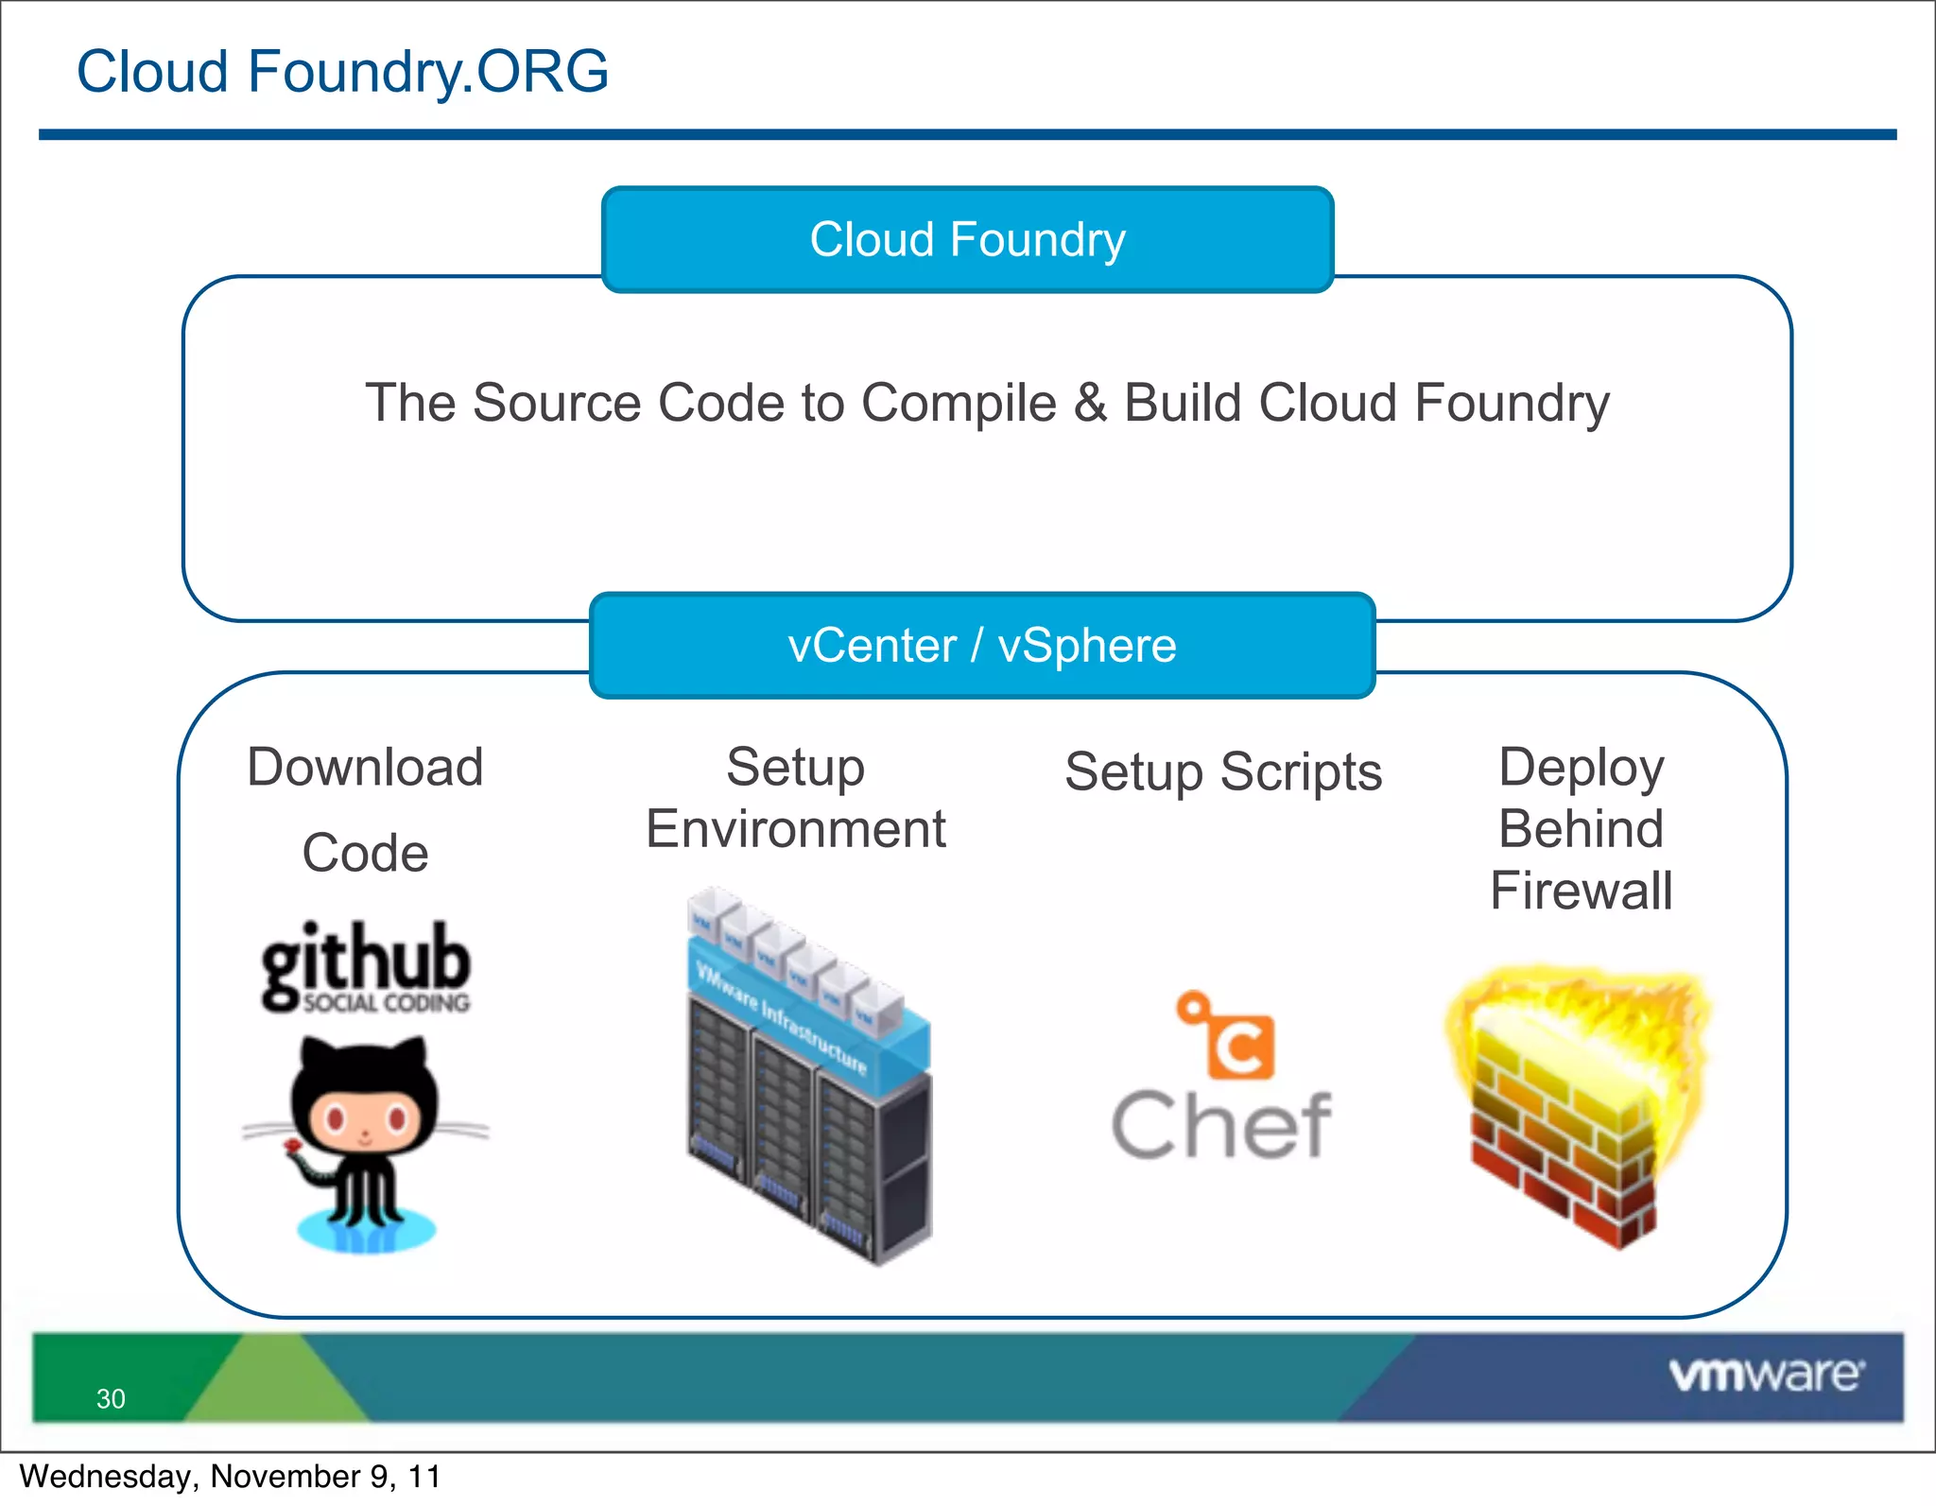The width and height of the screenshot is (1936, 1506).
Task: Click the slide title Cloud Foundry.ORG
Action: [x=342, y=72]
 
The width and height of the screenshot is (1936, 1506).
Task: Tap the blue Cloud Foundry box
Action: [x=967, y=239]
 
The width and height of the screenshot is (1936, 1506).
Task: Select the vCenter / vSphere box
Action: [x=982, y=646]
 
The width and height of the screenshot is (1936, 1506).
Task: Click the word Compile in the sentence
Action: [x=959, y=404]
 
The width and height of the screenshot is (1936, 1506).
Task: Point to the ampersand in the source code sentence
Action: [x=1090, y=404]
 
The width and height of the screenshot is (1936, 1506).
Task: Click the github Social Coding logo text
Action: [x=366, y=966]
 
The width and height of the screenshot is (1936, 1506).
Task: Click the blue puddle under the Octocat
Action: [x=366, y=1231]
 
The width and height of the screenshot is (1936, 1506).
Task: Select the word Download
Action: [x=365, y=767]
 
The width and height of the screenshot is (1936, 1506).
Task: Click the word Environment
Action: [x=796, y=829]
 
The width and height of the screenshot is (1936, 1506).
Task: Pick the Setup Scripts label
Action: [x=1223, y=772]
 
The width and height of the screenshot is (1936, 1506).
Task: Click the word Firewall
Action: [x=1582, y=891]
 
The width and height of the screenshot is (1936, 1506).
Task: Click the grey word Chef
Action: [x=1221, y=1125]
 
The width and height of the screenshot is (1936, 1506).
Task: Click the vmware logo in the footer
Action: [x=1765, y=1375]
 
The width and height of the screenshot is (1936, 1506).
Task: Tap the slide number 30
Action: [x=111, y=1398]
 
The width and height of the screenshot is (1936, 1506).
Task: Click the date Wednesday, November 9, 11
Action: [x=230, y=1477]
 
